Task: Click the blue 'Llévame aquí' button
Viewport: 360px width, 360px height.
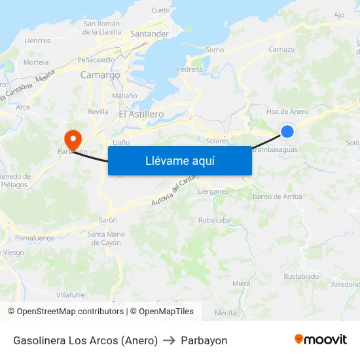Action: [x=179, y=160]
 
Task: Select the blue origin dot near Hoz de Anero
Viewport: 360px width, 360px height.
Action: [x=287, y=132]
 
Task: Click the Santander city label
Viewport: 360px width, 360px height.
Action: [x=149, y=33]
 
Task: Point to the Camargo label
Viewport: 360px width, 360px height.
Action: [x=100, y=75]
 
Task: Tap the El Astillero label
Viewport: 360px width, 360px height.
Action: [x=141, y=114]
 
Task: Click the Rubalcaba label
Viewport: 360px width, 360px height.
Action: [x=214, y=221]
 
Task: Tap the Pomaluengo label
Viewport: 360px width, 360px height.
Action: [x=35, y=238]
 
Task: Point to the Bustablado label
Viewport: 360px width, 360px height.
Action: [x=301, y=277]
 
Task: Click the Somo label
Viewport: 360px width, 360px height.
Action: [x=214, y=50]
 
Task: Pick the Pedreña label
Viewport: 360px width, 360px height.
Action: [x=189, y=69]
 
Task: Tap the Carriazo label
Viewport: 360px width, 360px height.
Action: [x=281, y=49]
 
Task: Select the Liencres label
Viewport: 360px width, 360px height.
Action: [x=37, y=41]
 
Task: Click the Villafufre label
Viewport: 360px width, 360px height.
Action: [x=71, y=295]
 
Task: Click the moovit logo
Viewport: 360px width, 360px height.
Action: [x=321, y=340]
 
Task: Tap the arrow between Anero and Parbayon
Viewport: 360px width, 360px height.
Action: [x=169, y=340]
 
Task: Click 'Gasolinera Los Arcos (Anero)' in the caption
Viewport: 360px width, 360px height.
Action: [x=85, y=340]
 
